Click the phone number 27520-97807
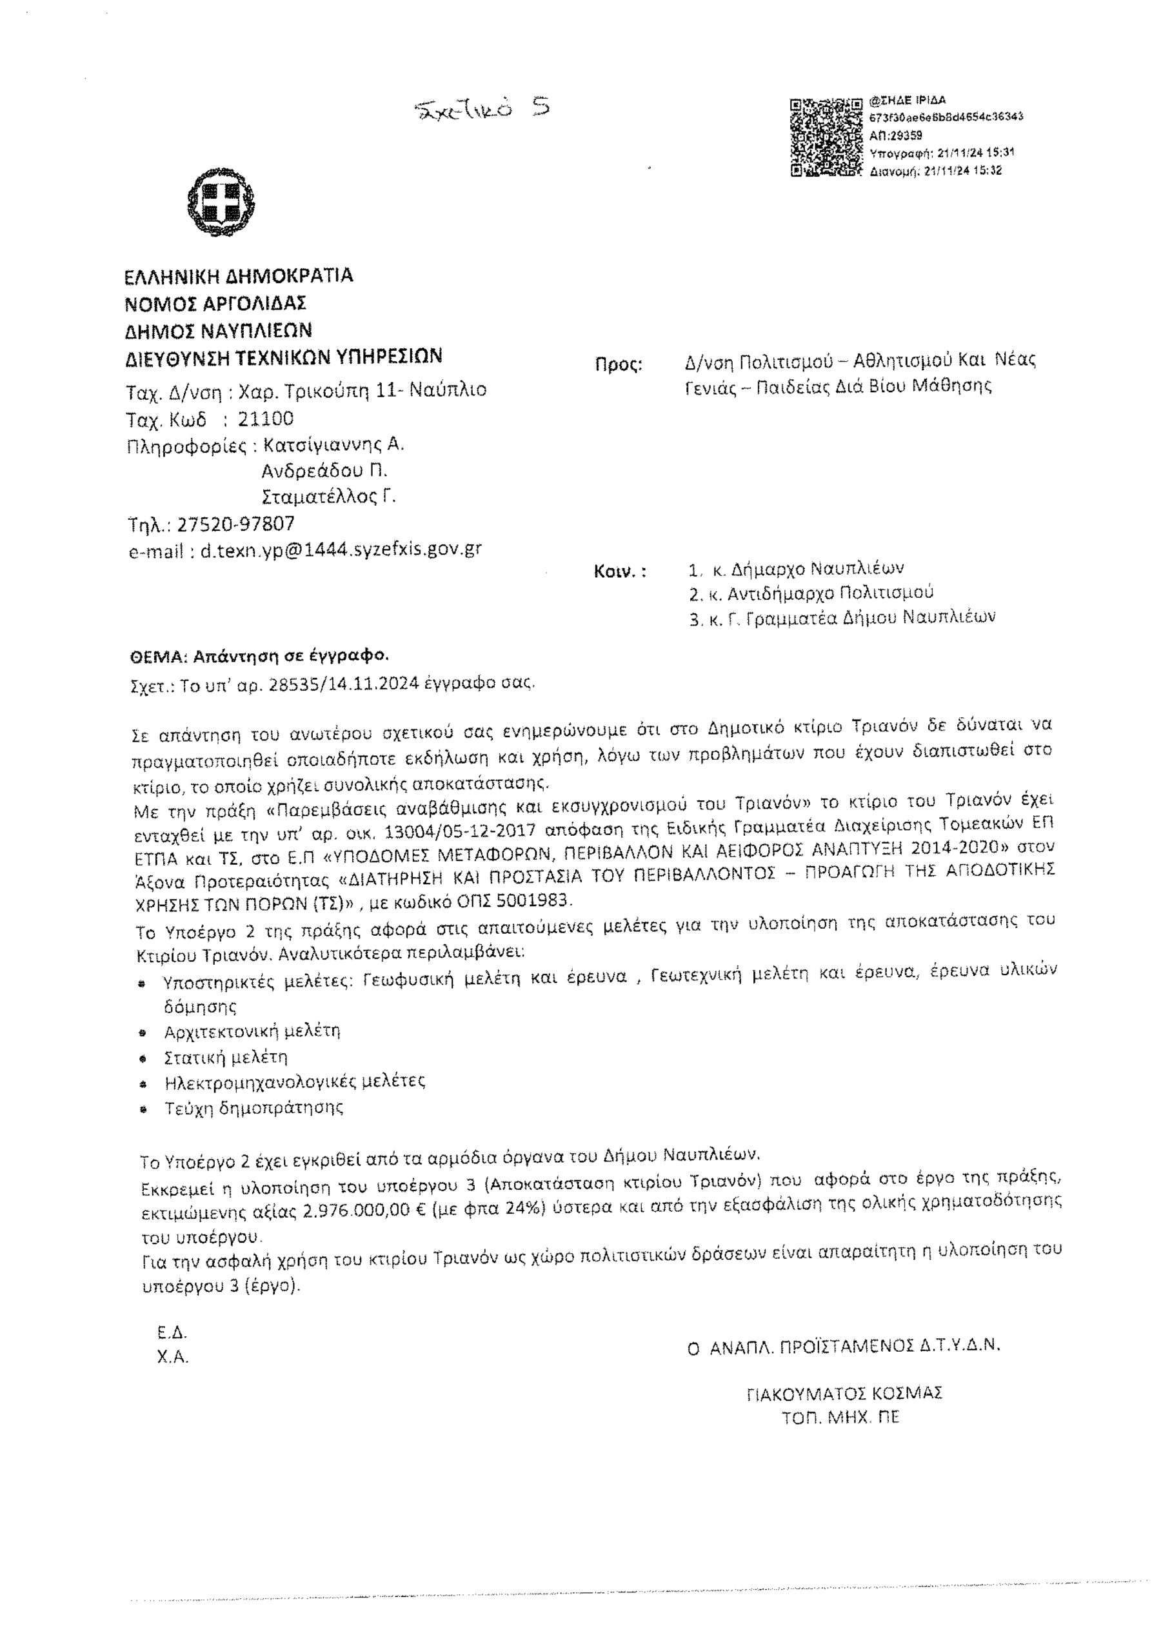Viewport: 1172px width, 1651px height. (x=236, y=523)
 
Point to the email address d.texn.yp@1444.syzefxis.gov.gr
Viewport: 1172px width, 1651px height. (x=341, y=550)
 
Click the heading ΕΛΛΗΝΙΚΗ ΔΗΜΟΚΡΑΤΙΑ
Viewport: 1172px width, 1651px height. (x=239, y=277)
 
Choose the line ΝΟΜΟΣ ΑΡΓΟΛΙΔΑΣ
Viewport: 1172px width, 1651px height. (x=217, y=303)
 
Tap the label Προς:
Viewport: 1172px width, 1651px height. (x=619, y=364)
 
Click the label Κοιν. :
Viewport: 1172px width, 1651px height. (x=620, y=571)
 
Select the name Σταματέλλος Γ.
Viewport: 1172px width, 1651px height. (x=329, y=497)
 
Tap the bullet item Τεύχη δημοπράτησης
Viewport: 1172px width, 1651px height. (x=254, y=1107)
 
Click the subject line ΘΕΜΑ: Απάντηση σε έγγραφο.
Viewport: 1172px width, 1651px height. (x=259, y=656)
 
